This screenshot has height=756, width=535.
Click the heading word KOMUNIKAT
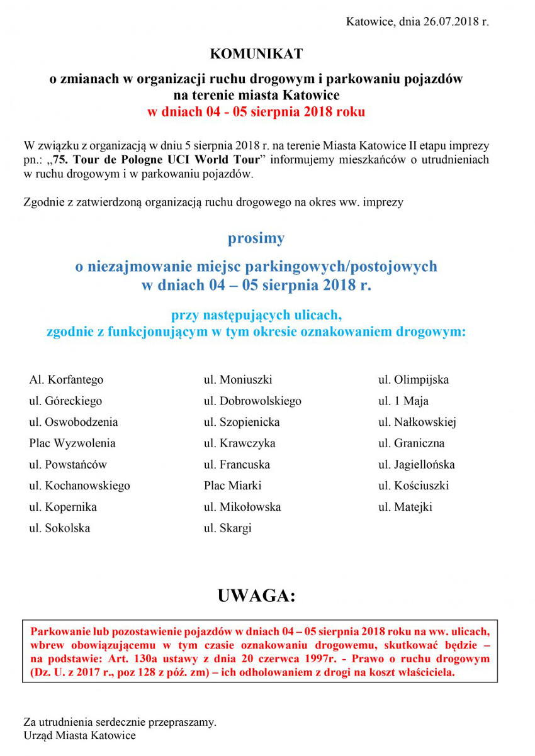256,54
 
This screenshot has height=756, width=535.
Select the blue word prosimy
256,238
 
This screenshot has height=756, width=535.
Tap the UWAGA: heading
256,595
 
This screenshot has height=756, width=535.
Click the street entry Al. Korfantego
66,380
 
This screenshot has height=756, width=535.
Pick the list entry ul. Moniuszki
238,380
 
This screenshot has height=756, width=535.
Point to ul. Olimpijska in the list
414,380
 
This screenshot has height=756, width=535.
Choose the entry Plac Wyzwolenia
72,443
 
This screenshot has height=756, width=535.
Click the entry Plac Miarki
232,486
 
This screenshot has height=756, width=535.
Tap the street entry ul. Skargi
227,528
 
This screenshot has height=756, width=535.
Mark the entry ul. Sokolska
60,528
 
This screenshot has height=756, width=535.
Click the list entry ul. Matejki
405,507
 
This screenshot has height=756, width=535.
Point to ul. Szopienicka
242,422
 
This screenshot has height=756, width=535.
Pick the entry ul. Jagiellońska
416,465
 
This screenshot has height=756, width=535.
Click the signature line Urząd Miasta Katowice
79,735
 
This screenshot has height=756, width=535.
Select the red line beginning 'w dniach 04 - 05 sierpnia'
256,113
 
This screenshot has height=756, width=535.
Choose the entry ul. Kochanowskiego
79,486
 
